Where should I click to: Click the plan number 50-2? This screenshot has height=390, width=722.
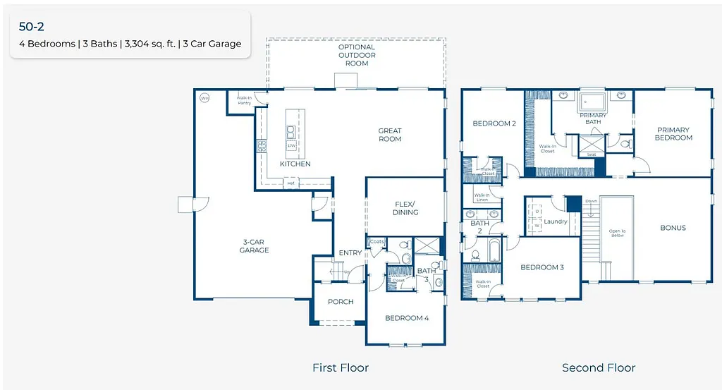(x=32, y=28)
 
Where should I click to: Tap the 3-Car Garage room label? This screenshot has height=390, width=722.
(x=254, y=245)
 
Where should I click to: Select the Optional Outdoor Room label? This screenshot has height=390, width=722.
(x=357, y=55)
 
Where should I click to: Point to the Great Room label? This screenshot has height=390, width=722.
(x=390, y=135)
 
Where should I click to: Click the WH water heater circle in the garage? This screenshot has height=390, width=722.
(x=204, y=98)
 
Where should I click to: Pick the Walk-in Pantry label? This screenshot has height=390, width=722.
(x=244, y=101)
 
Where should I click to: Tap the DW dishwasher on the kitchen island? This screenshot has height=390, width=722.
(x=290, y=146)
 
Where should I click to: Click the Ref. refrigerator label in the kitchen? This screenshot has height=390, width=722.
(x=290, y=183)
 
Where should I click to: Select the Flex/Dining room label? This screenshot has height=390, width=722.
(x=405, y=208)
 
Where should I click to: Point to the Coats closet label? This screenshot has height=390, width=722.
(x=377, y=242)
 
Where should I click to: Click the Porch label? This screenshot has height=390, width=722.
(x=340, y=301)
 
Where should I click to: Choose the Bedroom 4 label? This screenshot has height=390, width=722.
(x=407, y=318)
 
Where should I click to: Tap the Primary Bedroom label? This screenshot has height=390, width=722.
(x=673, y=134)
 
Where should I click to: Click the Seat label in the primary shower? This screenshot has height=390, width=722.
(x=592, y=154)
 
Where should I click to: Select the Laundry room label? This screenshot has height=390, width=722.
(x=556, y=221)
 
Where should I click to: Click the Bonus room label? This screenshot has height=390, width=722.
(x=673, y=228)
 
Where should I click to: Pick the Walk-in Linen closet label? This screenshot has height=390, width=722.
(x=482, y=197)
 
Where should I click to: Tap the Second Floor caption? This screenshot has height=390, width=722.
(x=599, y=367)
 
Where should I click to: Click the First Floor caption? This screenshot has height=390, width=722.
(x=341, y=367)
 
